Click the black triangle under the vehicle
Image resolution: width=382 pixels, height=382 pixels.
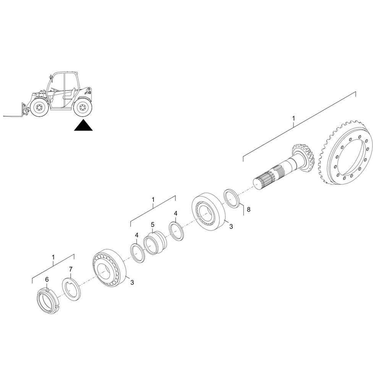point(83,126)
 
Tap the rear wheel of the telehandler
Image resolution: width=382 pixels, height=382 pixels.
point(83,107)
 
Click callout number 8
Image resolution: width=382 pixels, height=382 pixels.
point(249,209)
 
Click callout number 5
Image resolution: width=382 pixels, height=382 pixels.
point(152,224)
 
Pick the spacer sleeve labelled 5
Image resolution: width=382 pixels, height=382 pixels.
point(154,243)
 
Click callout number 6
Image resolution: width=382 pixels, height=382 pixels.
point(47,279)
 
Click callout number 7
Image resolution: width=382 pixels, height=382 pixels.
point(70,269)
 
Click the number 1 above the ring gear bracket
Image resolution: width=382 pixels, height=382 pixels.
point(293,118)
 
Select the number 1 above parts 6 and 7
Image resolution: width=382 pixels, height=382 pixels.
point(53,257)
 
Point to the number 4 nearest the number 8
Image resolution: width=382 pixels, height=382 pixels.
point(176,214)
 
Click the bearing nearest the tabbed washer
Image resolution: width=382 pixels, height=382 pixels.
point(109,268)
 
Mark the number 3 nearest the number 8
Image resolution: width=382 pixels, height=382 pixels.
point(231,227)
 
